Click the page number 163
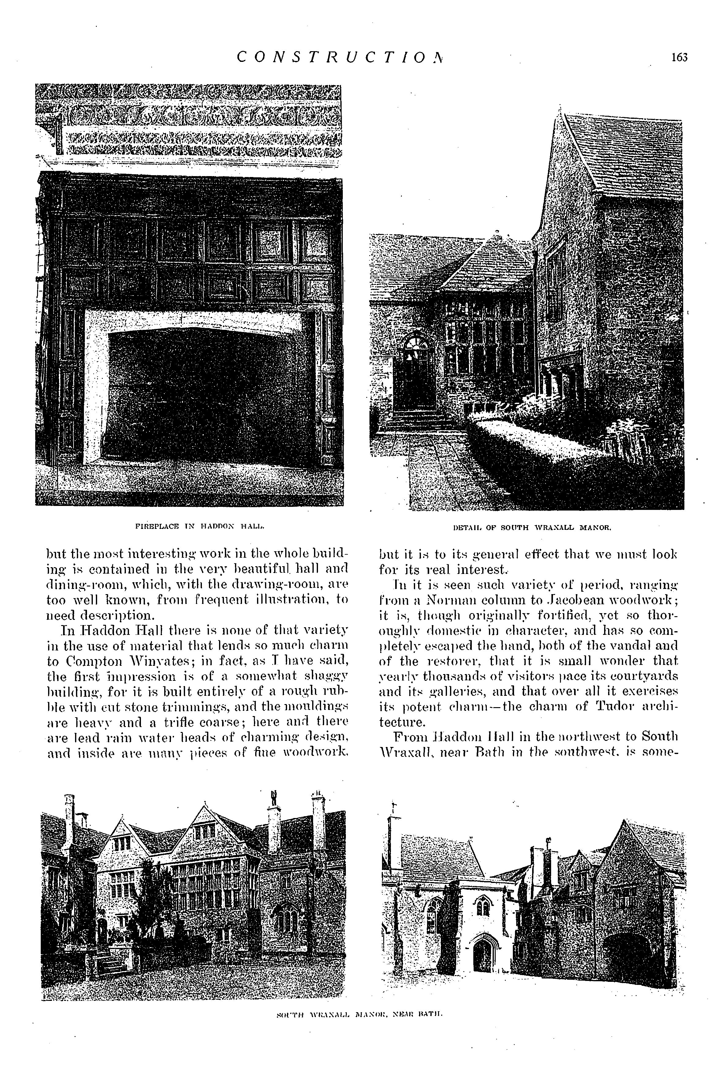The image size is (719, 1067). [679, 57]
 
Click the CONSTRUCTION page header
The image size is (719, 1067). [339, 57]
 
